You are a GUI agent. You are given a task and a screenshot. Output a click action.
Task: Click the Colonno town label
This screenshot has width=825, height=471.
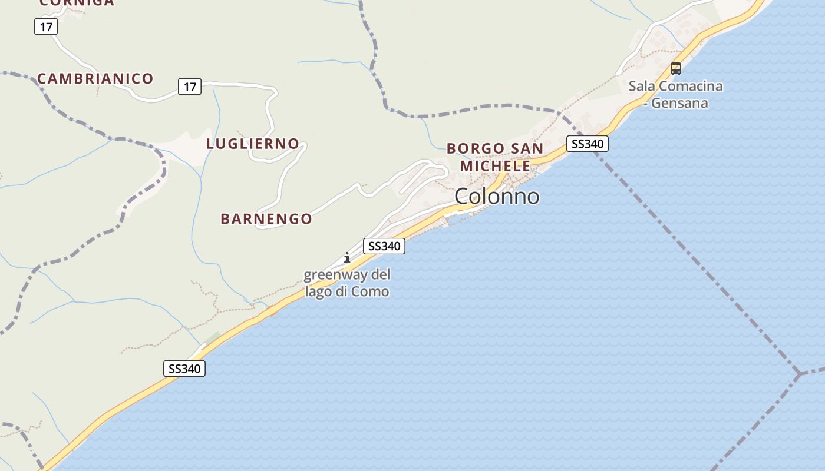497,196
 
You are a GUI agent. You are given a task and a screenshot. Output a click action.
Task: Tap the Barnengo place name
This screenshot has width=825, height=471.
266,219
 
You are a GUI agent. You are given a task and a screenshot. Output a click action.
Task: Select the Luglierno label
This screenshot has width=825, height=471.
253,144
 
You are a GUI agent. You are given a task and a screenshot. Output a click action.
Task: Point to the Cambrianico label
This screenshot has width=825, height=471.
95,78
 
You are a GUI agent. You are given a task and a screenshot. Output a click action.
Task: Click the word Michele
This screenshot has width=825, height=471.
495,165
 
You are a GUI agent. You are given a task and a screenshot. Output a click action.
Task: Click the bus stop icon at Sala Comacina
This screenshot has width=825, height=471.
676,69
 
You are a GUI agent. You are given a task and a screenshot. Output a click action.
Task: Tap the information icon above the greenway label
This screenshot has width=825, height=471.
347,257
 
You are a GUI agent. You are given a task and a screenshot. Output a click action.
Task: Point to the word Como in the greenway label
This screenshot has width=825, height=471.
374,291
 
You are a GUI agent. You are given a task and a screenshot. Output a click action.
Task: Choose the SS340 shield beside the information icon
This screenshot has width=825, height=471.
384,246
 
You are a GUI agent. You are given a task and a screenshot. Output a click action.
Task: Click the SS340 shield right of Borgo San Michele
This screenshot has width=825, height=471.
588,144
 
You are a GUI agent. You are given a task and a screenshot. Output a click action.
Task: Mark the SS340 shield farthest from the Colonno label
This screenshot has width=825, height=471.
184,369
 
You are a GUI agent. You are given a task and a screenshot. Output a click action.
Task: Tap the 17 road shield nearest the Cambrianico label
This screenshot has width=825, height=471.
190,87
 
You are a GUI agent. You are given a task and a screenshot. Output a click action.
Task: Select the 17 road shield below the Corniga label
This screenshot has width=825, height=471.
46,26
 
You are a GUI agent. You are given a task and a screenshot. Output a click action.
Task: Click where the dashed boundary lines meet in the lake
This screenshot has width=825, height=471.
800,373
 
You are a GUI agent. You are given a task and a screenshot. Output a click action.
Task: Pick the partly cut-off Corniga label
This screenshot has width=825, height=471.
77,3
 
